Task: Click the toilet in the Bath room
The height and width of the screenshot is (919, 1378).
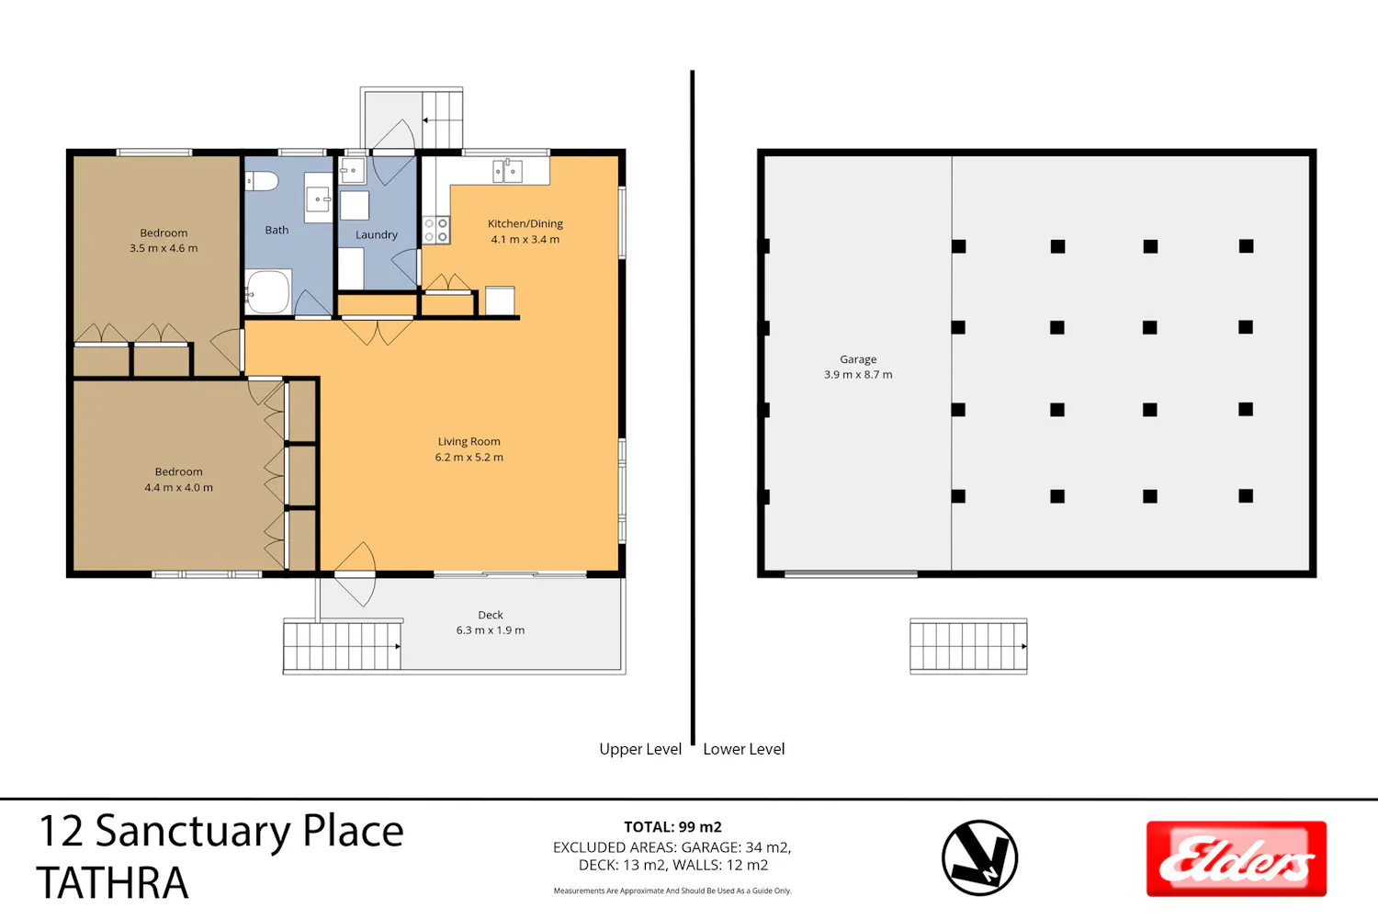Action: point(262,181)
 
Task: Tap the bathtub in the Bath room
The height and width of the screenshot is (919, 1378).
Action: point(268,291)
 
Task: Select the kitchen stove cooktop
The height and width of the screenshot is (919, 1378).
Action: point(436,230)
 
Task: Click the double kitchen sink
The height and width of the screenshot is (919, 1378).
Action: point(507,171)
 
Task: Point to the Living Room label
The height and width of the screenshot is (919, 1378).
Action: point(469,441)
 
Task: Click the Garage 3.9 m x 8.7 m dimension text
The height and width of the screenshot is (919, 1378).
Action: point(858,374)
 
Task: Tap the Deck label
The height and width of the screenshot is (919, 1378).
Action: point(491,614)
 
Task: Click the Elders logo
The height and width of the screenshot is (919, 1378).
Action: point(1237,858)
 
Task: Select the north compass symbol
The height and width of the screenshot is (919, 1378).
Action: point(979,857)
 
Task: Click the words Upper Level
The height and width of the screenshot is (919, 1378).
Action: point(640,749)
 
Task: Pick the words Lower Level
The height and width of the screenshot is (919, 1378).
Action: point(744,749)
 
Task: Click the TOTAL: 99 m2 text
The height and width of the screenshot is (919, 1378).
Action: point(672,827)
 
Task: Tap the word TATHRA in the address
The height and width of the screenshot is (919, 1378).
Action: point(113,882)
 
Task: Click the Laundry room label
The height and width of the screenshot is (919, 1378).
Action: point(377,234)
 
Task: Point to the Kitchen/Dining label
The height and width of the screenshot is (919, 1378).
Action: point(525,223)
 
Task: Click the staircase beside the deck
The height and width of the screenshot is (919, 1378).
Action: point(343,646)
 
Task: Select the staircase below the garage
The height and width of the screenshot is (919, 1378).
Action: point(968,646)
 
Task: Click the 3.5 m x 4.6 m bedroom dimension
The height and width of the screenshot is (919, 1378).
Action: point(164,248)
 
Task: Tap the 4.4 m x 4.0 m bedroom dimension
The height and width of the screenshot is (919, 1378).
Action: point(178,487)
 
